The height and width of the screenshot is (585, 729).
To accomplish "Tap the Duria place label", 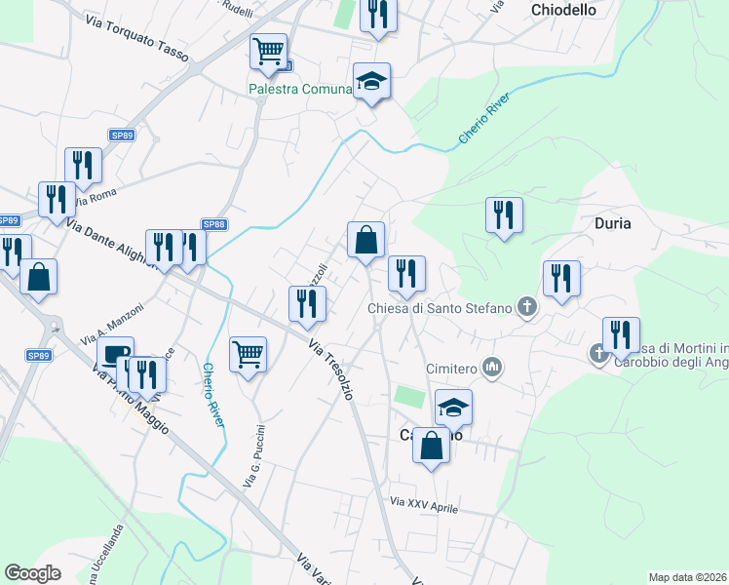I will (612, 223).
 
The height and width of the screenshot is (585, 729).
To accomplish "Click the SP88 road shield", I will (214, 224).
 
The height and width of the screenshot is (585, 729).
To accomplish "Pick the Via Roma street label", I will (96, 196).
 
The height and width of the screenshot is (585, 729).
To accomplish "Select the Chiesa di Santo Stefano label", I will (439, 309).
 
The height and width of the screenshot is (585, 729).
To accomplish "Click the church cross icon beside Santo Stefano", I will (527, 308).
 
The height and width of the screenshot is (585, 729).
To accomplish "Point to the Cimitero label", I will (451, 369).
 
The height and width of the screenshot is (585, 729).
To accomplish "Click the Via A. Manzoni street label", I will (121, 322).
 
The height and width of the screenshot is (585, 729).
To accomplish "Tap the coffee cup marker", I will (115, 355).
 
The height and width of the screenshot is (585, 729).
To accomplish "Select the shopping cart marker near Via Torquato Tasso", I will (268, 51).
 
